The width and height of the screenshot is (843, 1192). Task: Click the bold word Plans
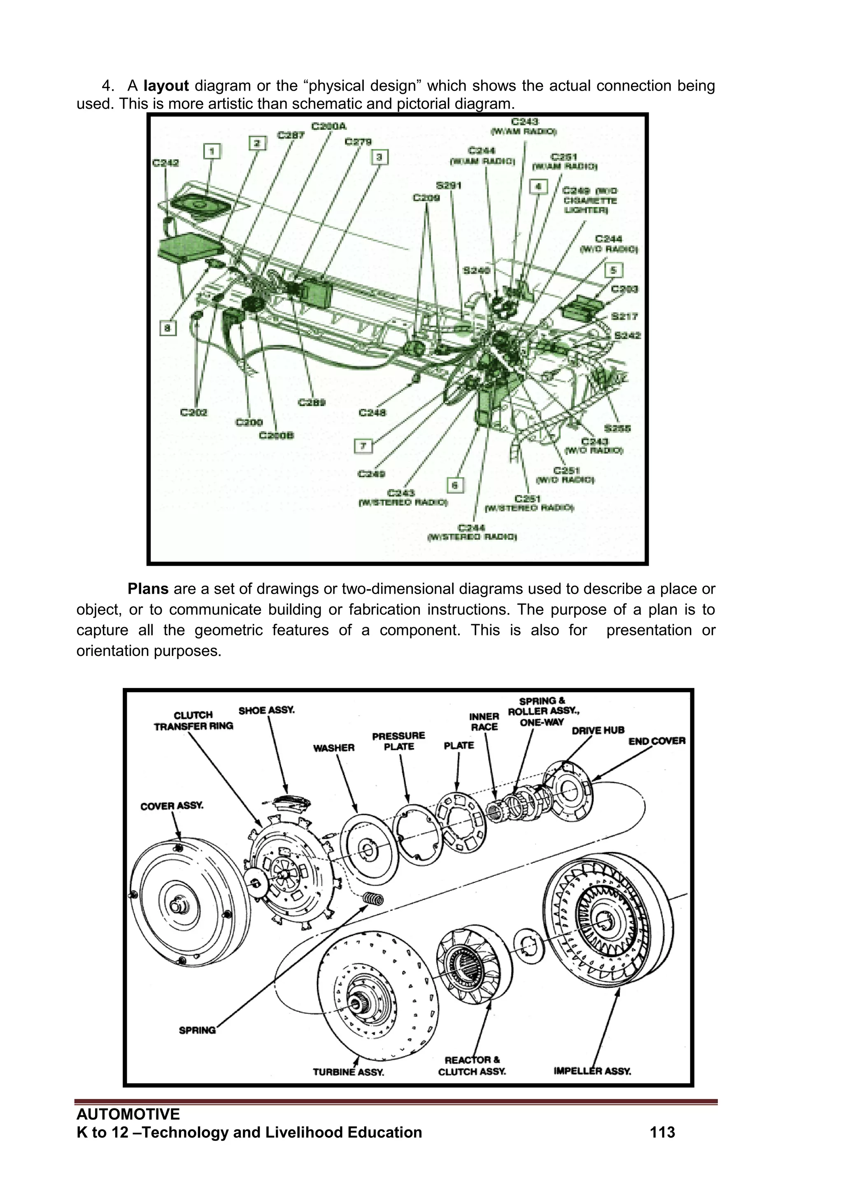point(148,589)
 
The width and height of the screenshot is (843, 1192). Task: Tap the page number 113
point(662,1132)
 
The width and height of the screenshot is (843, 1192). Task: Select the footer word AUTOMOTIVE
point(128,1114)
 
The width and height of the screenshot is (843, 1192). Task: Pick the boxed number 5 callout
point(614,270)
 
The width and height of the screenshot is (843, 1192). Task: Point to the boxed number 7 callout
point(363,446)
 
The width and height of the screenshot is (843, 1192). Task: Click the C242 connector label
point(165,163)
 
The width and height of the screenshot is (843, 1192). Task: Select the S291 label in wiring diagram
point(449,185)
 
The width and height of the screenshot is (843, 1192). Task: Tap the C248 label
point(372,413)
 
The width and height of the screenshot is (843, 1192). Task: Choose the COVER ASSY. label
point(172,806)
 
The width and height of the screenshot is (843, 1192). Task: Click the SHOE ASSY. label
point(266,710)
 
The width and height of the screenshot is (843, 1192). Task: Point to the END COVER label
point(657,741)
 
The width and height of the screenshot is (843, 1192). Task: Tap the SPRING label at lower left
point(197,1030)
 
